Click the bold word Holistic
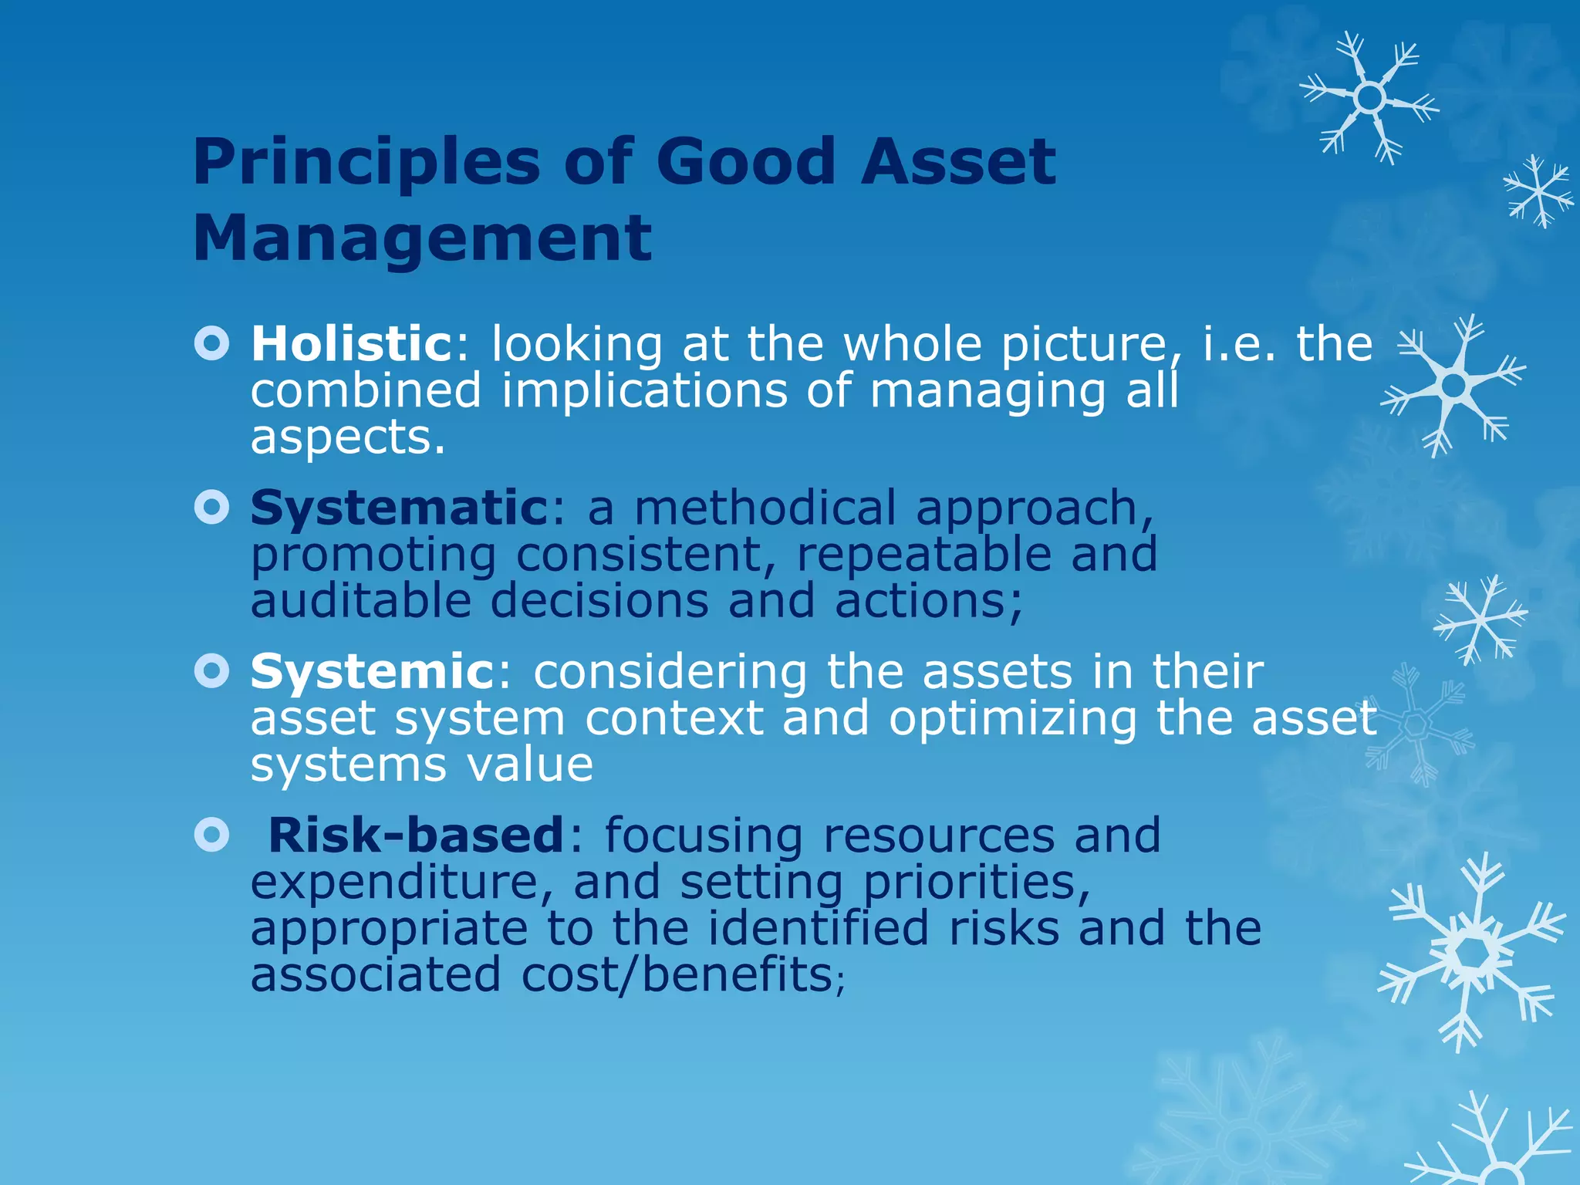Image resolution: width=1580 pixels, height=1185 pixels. click(351, 344)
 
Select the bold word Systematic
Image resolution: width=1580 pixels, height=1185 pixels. click(399, 509)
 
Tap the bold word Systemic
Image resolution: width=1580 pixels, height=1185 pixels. click(373, 672)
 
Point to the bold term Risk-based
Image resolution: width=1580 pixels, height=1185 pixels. click(416, 836)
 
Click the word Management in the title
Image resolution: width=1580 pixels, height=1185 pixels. click(422, 238)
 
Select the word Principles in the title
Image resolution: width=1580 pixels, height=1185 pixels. click(366, 162)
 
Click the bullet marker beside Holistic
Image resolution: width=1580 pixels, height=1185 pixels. click(212, 343)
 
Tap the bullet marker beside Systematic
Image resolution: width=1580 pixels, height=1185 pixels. click(212, 508)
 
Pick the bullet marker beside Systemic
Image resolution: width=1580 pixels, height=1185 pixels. click(212, 671)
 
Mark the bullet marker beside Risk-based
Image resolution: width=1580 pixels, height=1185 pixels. click(212, 835)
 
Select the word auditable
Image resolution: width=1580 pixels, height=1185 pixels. click(360, 602)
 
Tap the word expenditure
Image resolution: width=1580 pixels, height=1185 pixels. click(394, 884)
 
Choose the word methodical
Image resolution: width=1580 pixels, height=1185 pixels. click(765, 509)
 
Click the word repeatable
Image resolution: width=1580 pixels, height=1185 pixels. click(923, 555)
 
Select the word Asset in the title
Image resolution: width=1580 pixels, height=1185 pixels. click(957, 162)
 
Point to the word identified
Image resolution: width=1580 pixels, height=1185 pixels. click(818, 929)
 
